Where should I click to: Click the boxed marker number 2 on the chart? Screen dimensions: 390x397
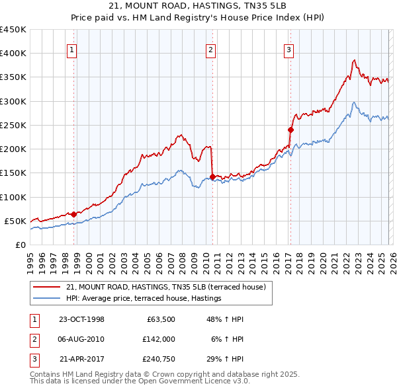(x=210, y=48)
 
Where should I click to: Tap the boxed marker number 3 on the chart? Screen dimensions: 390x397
(x=289, y=48)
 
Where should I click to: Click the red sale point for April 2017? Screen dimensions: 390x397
(x=290, y=130)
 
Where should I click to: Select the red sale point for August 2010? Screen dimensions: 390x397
(x=212, y=176)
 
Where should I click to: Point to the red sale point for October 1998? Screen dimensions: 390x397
(x=74, y=214)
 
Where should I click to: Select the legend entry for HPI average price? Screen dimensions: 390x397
(x=143, y=299)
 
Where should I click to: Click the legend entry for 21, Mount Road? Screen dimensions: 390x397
(x=165, y=288)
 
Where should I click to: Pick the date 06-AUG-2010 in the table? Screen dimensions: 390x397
(x=81, y=340)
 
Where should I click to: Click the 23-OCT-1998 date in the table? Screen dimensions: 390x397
(x=81, y=319)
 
